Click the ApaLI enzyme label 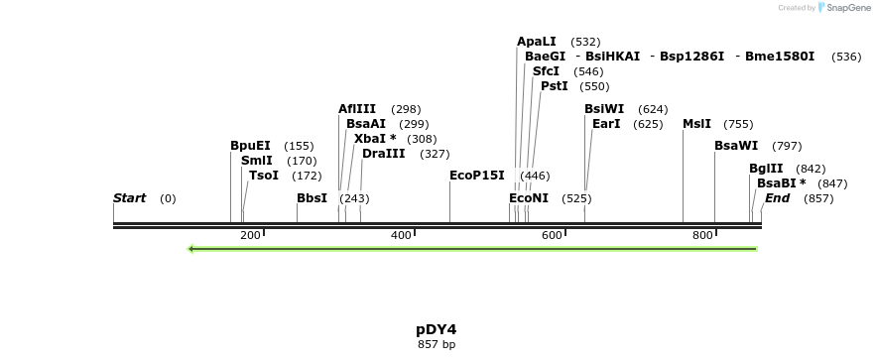coord(537,42)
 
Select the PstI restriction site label coord(555,86)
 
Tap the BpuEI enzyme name coord(250,146)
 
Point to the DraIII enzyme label coord(383,154)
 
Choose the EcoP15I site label coord(477,176)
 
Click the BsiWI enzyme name coord(604,109)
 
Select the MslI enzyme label coord(696,124)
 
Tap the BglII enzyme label coord(766,169)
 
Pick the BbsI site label coord(312,198)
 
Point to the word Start coord(129,198)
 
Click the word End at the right coord(777,198)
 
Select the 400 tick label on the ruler coord(401,236)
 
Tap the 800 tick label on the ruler coord(702,236)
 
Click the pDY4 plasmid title coord(437,329)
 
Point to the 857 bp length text coord(437,345)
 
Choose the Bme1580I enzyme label coord(780,57)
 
